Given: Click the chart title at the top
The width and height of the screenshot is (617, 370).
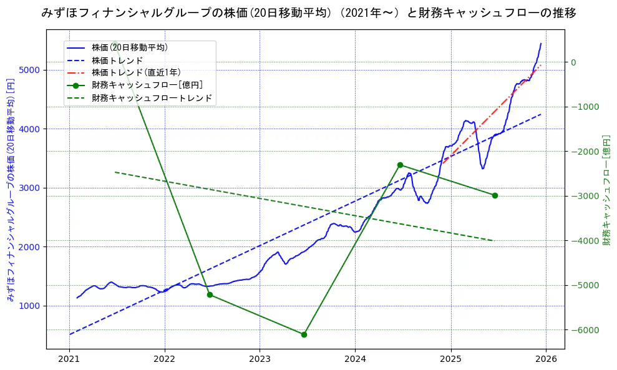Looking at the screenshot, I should click(x=308, y=12).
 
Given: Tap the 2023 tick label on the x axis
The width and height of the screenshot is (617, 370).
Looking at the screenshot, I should click(x=260, y=359).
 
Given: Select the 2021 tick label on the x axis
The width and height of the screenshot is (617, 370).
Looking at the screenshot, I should click(x=69, y=359).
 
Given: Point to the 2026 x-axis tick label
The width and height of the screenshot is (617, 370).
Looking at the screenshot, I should click(x=546, y=359).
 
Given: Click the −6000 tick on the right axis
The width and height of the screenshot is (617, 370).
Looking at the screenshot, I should click(x=582, y=330).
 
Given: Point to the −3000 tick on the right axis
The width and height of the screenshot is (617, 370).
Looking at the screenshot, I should click(x=582, y=196).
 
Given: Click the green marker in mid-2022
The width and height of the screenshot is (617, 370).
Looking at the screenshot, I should click(x=210, y=295).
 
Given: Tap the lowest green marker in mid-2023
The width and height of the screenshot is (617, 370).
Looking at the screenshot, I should click(x=304, y=334).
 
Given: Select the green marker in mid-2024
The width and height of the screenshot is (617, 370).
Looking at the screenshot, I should click(x=400, y=165).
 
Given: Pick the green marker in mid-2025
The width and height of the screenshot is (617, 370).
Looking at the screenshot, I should click(x=495, y=195).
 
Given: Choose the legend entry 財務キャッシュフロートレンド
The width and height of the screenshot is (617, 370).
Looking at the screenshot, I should click(x=152, y=98).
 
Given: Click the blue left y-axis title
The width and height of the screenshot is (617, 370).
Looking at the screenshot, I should click(x=10, y=190).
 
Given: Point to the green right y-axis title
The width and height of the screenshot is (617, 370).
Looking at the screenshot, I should click(x=606, y=190).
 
